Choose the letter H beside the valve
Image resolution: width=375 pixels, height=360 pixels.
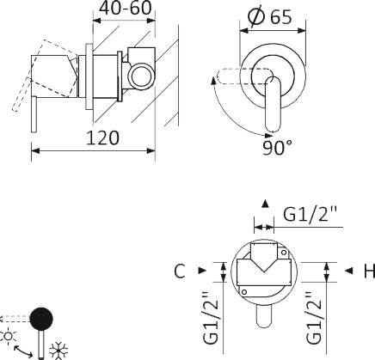click(x=367, y=272)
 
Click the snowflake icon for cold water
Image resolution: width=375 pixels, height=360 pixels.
click(x=61, y=349)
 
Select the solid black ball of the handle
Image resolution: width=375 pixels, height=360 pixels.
click(x=40, y=320)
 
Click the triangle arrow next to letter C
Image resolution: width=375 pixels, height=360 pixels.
click(x=201, y=272)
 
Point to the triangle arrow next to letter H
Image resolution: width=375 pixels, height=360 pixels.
click(x=347, y=272)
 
